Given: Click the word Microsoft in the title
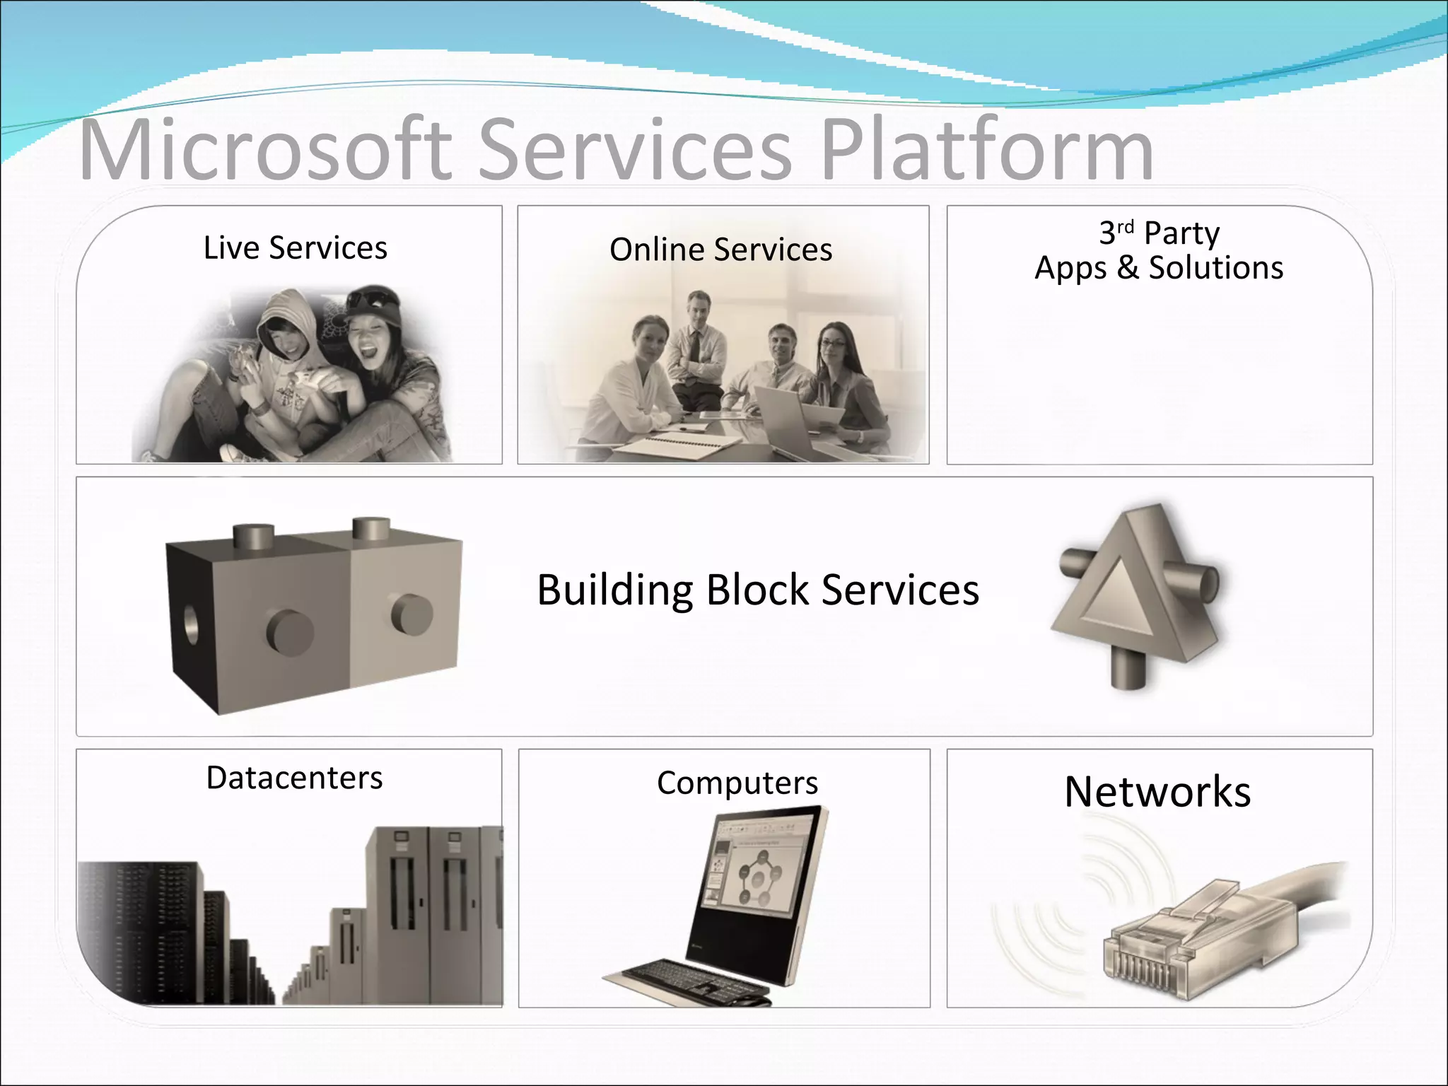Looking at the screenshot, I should pyautogui.click(x=265, y=150).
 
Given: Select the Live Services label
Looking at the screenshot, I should pyautogui.click(x=295, y=248).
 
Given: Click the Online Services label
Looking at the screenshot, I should pyautogui.click(x=720, y=250).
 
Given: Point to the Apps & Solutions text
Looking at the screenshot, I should pyautogui.click(x=1159, y=268).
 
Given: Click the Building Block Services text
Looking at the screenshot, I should pyautogui.click(x=758, y=590).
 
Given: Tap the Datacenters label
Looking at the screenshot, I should pyautogui.click(x=294, y=778).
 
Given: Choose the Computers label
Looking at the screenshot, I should pyautogui.click(x=737, y=783).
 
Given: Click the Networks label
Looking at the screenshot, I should pyautogui.click(x=1157, y=791).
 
